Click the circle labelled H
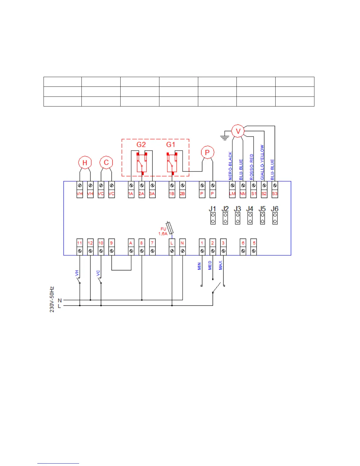point(85,163)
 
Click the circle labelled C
point(106,162)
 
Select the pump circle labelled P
point(207,152)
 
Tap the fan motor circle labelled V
point(238,131)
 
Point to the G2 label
point(141,144)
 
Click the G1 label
point(171,144)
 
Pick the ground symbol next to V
point(225,137)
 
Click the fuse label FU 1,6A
point(163,231)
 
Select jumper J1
point(213,218)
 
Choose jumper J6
point(275,218)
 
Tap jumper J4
point(250,218)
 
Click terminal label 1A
point(131,194)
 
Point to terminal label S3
point(275,194)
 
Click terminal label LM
point(232,194)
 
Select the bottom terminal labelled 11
point(79,243)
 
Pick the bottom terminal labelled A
point(131,243)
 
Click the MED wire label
point(210,265)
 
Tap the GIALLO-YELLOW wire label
point(262,162)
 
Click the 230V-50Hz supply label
point(52,299)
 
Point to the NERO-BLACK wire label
point(230,166)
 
